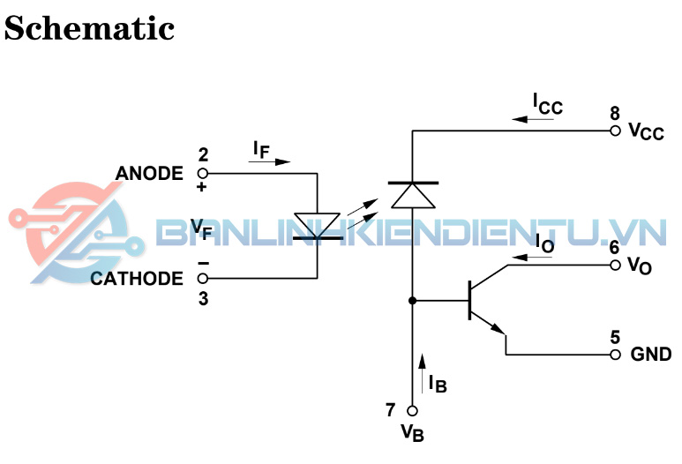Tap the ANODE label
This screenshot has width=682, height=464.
coord(150,173)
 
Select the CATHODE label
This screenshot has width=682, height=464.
coord(137,279)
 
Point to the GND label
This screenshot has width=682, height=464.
coord(651,355)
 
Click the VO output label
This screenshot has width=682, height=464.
coord(641,266)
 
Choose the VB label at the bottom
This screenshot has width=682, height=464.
coord(413,433)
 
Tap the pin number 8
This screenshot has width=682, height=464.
coord(615,113)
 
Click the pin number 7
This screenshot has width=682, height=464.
coord(391,410)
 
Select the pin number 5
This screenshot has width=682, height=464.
coord(615,337)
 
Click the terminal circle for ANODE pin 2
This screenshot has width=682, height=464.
coord(203,173)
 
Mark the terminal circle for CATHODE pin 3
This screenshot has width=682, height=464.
coord(203,279)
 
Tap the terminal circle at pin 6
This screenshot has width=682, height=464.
coord(615,265)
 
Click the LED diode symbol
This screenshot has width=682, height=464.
coord(317,225)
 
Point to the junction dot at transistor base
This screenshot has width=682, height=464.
coord(413,301)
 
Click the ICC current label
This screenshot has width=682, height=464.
coord(547,103)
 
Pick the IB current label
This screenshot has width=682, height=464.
coord(438,382)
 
